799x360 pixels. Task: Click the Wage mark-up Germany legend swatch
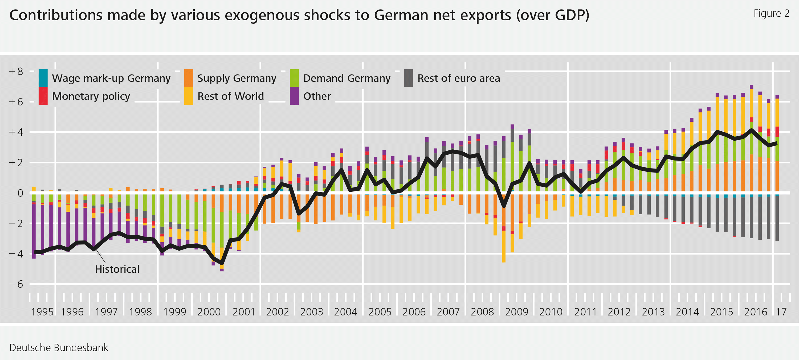[x=43, y=78]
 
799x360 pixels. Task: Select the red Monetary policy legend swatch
[x=43, y=96]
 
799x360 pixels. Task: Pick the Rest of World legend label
[x=230, y=96]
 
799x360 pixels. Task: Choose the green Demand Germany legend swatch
[x=294, y=78]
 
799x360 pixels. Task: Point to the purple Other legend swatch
[x=294, y=96]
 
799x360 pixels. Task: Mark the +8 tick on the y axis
[x=16, y=71]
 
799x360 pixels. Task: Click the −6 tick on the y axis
[x=16, y=284]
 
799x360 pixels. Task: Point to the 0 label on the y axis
[x=20, y=193]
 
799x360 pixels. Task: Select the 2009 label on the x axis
[x=516, y=312]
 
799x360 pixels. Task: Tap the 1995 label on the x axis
[x=42, y=312]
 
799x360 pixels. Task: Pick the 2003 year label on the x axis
[x=311, y=312]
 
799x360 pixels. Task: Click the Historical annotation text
[x=117, y=269]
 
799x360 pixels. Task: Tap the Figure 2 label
[x=771, y=14]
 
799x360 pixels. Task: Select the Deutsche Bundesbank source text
[x=59, y=347]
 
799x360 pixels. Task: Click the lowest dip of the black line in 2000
[x=222, y=263]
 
